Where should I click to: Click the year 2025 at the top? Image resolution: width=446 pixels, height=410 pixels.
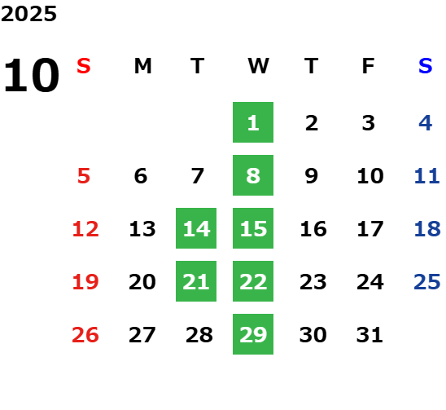point(28,14)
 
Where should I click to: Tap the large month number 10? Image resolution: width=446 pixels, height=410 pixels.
point(32,75)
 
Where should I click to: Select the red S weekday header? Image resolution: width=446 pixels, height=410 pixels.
point(84,66)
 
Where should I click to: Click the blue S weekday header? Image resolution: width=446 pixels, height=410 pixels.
point(426,66)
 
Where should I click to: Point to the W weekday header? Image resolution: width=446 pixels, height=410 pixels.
point(258,66)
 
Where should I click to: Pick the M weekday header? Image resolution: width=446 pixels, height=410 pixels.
point(142,66)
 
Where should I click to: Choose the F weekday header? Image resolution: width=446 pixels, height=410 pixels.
point(369,66)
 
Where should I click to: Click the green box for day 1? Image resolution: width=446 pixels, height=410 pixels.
point(253,122)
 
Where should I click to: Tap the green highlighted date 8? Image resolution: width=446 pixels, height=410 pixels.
point(253,175)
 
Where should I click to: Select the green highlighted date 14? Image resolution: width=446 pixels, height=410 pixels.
point(196,228)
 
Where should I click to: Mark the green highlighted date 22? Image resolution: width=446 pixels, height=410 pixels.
point(253,281)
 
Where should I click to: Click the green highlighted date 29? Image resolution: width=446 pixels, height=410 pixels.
point(253,334)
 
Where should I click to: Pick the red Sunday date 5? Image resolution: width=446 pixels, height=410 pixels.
point(84,176)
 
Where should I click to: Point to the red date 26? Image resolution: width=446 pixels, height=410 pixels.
point(85,335)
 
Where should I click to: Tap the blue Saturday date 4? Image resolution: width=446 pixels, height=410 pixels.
point(426,123)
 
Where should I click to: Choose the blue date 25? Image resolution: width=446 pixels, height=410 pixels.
point(427,282)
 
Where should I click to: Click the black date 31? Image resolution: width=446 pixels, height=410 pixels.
point(369,335)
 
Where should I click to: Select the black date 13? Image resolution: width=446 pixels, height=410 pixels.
point(142,229)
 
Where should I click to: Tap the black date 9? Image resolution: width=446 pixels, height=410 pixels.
point(312,176)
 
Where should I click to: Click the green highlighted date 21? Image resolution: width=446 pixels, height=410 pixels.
point(196,281)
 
